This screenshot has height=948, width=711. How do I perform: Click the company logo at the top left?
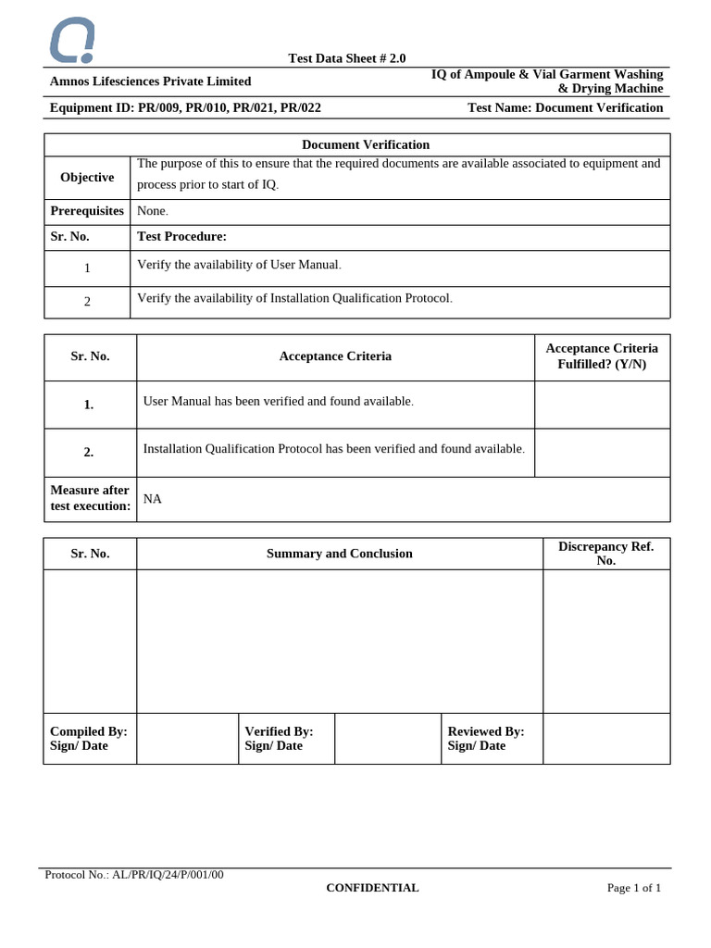click(71, 41)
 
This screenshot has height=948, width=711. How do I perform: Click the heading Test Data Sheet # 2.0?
click(346, 58)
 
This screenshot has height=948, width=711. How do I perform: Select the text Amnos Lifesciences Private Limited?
click(150, 81)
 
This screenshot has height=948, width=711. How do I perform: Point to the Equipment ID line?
click(185, 107)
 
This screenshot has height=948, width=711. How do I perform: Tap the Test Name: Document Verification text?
click(565, 107)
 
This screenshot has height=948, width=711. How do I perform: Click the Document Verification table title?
click(366, 144)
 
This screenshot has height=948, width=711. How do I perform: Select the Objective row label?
click(87, 177)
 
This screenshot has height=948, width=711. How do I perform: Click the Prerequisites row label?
click(87, 211)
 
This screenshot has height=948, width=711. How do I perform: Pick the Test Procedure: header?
click(181, 236)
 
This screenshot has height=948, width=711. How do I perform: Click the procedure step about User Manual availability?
click(239, 265)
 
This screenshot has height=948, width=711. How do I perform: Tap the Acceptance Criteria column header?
click(335, 356)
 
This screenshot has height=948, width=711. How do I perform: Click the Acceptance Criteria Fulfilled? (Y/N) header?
click(602, 356)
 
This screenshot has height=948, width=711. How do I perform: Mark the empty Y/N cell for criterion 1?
click(602, 405)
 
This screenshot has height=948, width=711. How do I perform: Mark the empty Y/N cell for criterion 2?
click(602, 452)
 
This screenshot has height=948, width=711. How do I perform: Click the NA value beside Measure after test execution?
click(153, 499)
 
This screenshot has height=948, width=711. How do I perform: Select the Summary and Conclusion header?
click(339, 554)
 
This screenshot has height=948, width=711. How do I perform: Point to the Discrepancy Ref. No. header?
click(605, 554)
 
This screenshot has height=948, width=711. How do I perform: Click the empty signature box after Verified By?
click(387, 739)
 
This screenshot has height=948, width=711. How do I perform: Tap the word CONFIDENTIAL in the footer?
click(372, 888)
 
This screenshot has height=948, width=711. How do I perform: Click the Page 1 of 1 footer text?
click(633, 888)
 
